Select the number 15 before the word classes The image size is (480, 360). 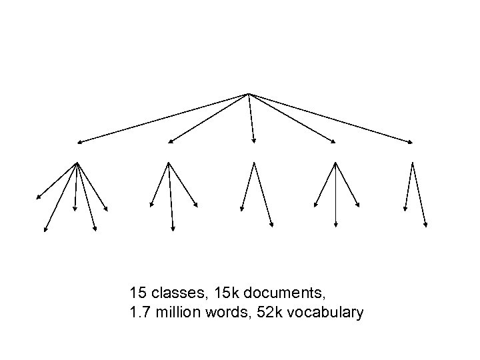click(x=138, y=293)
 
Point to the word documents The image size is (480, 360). click(x=279, y=293)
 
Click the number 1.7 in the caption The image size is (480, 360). click(x=140, y=312)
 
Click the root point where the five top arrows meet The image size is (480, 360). click(x=249, y=93)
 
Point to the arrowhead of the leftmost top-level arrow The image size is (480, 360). click(x=78, y=142)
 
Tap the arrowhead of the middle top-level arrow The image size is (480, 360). click(x=253, y=141)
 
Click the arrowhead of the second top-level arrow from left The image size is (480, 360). click(x=169, y=142)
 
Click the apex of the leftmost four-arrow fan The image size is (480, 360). click(x=77, y=162)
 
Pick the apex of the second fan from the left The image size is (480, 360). click(x=169, y=162)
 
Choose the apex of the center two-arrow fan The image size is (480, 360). click(x=253, y=161)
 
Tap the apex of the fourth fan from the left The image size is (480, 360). click(x=334, y=162)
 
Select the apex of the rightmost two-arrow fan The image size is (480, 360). click(x=413, y=162)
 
